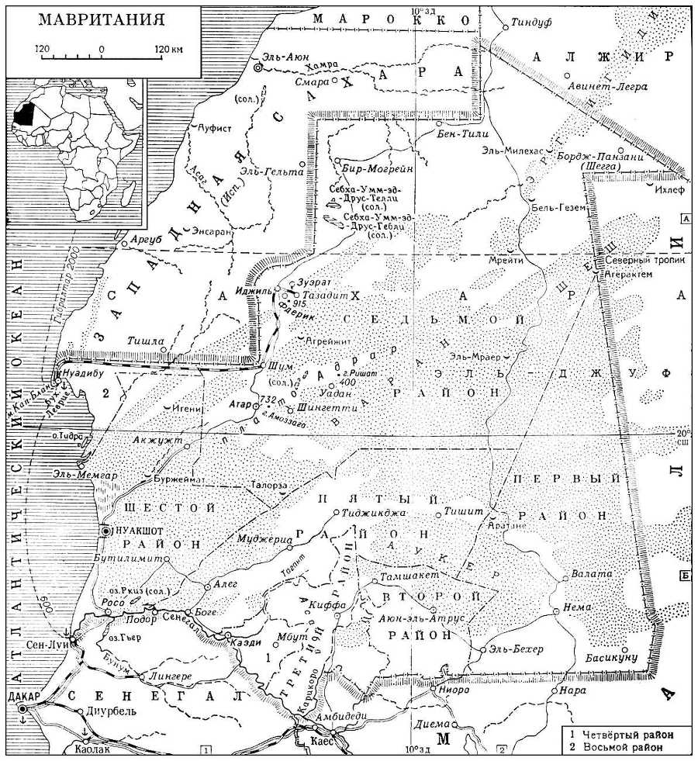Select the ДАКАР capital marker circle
point(23,709)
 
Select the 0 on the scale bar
point(102,49)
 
